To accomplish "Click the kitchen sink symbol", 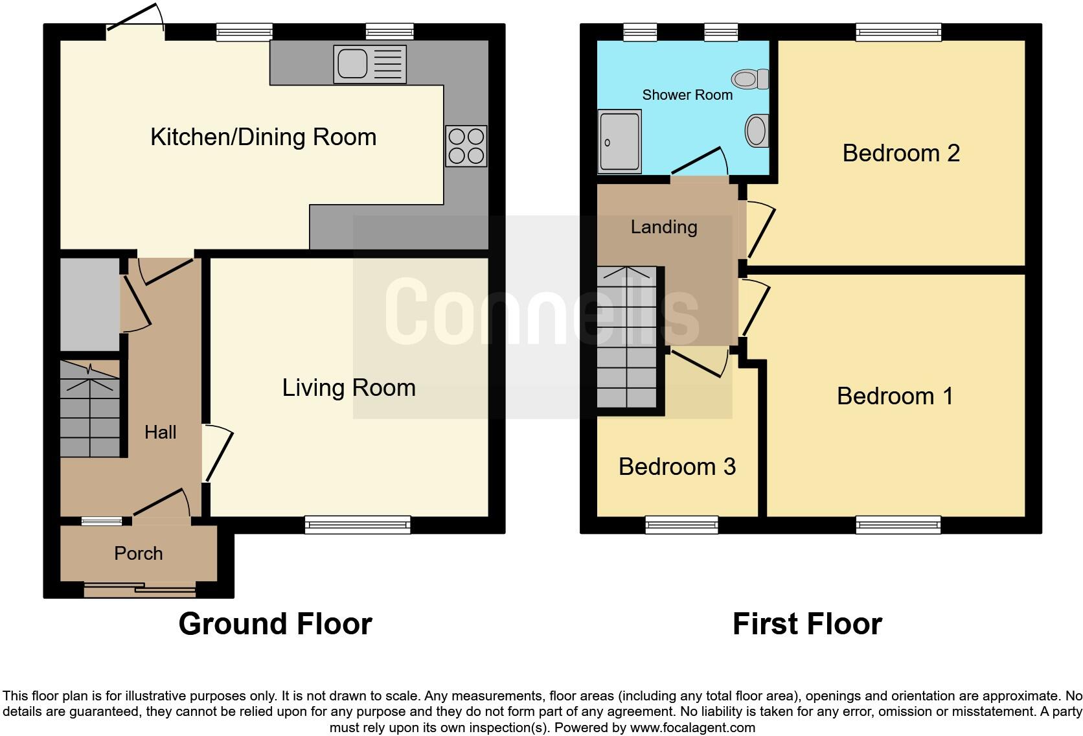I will pos(369,64).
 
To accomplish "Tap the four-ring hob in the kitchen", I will pos(466,146).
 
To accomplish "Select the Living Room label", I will pos(348,387).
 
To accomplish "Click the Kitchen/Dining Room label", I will pos(263,137).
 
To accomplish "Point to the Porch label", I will pos(138,553).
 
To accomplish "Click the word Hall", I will pos(160,432).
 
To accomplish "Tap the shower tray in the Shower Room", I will pos(620,141).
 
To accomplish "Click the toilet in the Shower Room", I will pos(751,79).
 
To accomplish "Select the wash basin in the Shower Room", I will pos(757,130).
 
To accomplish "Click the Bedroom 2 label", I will pos(900,153).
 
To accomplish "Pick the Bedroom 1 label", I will pos(895,396).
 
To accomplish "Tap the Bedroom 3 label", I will pos(677,466).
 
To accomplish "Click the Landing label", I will pos(664,227).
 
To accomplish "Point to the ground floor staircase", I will pos(90,409).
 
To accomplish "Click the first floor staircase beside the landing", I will pos(626,338).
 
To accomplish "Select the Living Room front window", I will pos(358,524).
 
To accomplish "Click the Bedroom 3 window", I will pos(681,524).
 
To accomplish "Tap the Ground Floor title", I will pos(275,624).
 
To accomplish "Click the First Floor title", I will pos(807,624).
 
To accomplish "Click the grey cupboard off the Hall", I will pos(90,305).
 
